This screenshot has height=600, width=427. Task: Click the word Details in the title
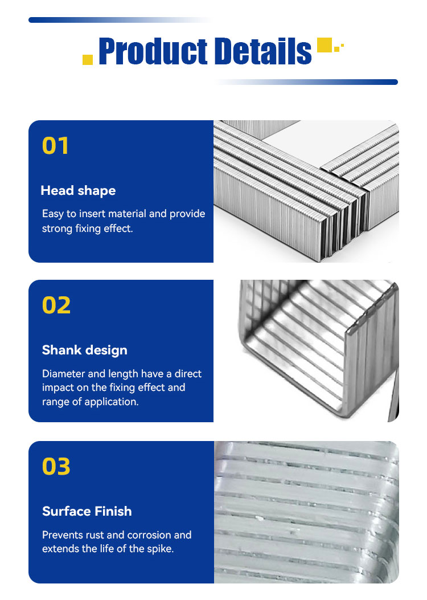click(263, 51)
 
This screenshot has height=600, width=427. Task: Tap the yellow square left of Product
click(88, 59)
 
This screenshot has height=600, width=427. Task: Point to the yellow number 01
click(55, 146)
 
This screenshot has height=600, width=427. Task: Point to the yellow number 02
click(56, 305)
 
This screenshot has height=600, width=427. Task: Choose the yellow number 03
click(56, 467)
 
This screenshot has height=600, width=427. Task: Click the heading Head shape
click(78, 190)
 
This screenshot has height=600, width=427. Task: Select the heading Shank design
click(84, 350)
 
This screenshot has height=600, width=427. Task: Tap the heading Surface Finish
click(87, 511)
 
